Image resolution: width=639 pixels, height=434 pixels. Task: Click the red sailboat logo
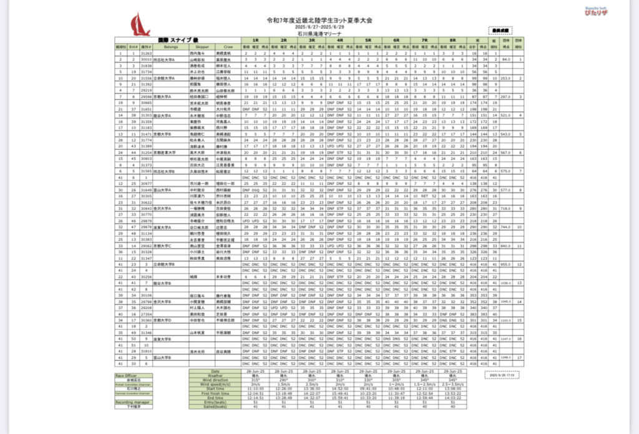tap(139, 25)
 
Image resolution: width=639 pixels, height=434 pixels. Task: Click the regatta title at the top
tap(319, 21)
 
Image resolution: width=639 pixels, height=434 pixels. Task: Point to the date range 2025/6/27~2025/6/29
tap(319, 28)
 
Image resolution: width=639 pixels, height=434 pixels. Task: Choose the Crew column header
tap(228, 47)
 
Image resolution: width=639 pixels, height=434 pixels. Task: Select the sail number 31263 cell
tap(147, 54)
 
